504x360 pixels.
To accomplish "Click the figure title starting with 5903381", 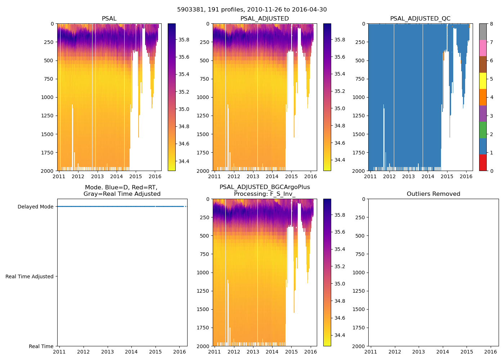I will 252,10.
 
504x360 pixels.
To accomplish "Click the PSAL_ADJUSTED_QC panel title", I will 420,19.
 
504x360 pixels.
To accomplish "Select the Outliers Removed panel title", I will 433,194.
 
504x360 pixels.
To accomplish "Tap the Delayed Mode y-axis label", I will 35,207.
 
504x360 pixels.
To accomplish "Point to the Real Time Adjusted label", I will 30,276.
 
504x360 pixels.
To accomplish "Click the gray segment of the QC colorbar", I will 483,32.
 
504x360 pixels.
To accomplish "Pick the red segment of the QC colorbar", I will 483,162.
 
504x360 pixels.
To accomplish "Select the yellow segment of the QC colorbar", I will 483,81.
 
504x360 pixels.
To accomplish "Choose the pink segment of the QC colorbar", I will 483,48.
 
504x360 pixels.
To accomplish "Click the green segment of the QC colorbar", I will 483,130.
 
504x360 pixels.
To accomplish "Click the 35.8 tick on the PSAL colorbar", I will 184,40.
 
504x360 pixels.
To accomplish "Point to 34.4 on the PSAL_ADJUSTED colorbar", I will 340,160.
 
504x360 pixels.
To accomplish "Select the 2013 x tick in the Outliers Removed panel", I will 419,352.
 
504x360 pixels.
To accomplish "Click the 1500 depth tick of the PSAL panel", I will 47,134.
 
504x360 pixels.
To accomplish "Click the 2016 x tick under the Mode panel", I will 179,352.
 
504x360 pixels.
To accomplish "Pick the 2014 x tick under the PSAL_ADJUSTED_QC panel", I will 428,176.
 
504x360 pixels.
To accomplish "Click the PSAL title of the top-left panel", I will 109,19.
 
